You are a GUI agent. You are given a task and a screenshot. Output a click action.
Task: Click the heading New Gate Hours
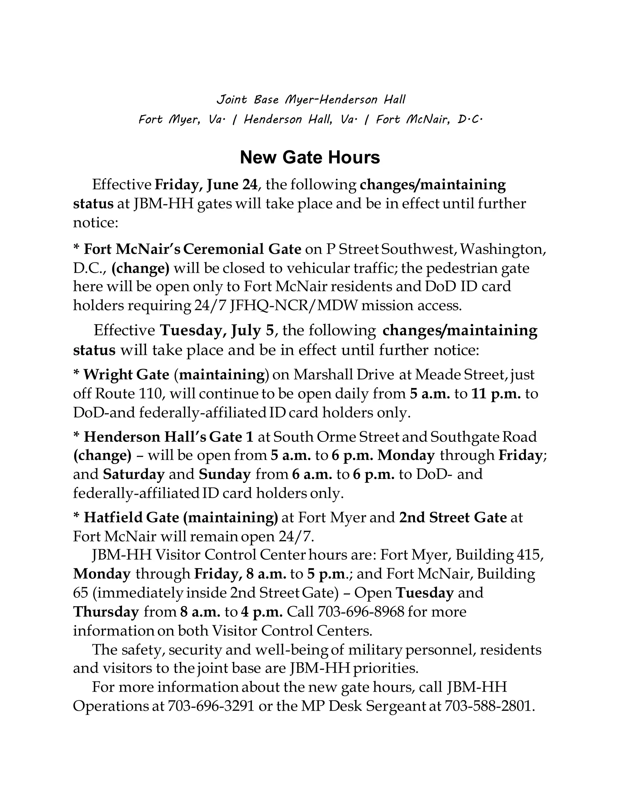point(310,158)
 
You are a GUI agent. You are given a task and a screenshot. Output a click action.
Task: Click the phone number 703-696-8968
point(360,612)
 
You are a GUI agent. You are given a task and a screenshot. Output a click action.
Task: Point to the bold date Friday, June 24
point(206,184)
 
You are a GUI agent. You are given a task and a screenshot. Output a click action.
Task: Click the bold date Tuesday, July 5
point(217,330)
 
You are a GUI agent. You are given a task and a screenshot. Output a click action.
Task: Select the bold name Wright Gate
point(126,375)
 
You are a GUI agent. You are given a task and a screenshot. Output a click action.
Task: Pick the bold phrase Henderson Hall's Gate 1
point(169,437)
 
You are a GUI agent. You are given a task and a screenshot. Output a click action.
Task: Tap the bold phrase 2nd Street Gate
point(453,518)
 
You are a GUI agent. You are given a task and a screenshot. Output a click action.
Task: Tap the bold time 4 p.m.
point(262,612)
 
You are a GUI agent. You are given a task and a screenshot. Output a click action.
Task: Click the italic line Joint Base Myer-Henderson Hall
point(310,100)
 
